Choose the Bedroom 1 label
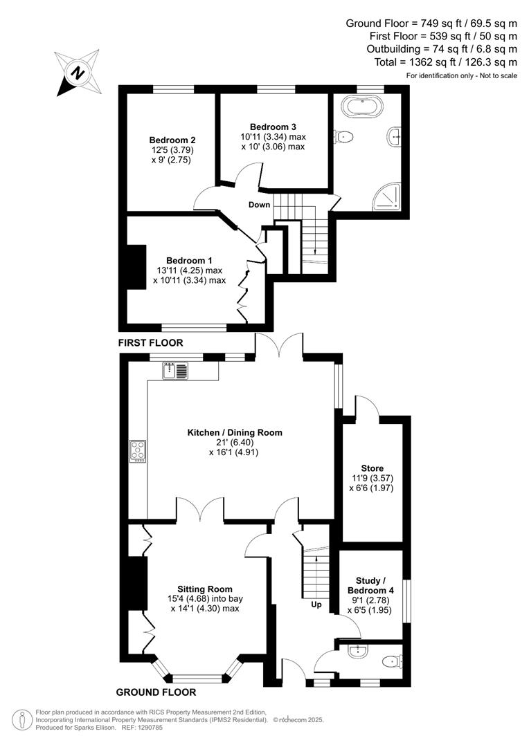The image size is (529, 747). [x=189, y=260]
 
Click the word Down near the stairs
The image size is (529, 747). [x=260, y=205]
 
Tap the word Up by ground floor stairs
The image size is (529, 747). [x=316, y=604]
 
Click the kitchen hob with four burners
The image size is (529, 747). [x=137, y=452]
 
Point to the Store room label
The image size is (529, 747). [x=372, y=468]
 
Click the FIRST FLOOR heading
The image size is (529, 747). [x=151, y=342]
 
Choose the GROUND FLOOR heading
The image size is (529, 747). [x=156, y=692]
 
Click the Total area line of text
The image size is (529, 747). [x=444, y=62]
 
